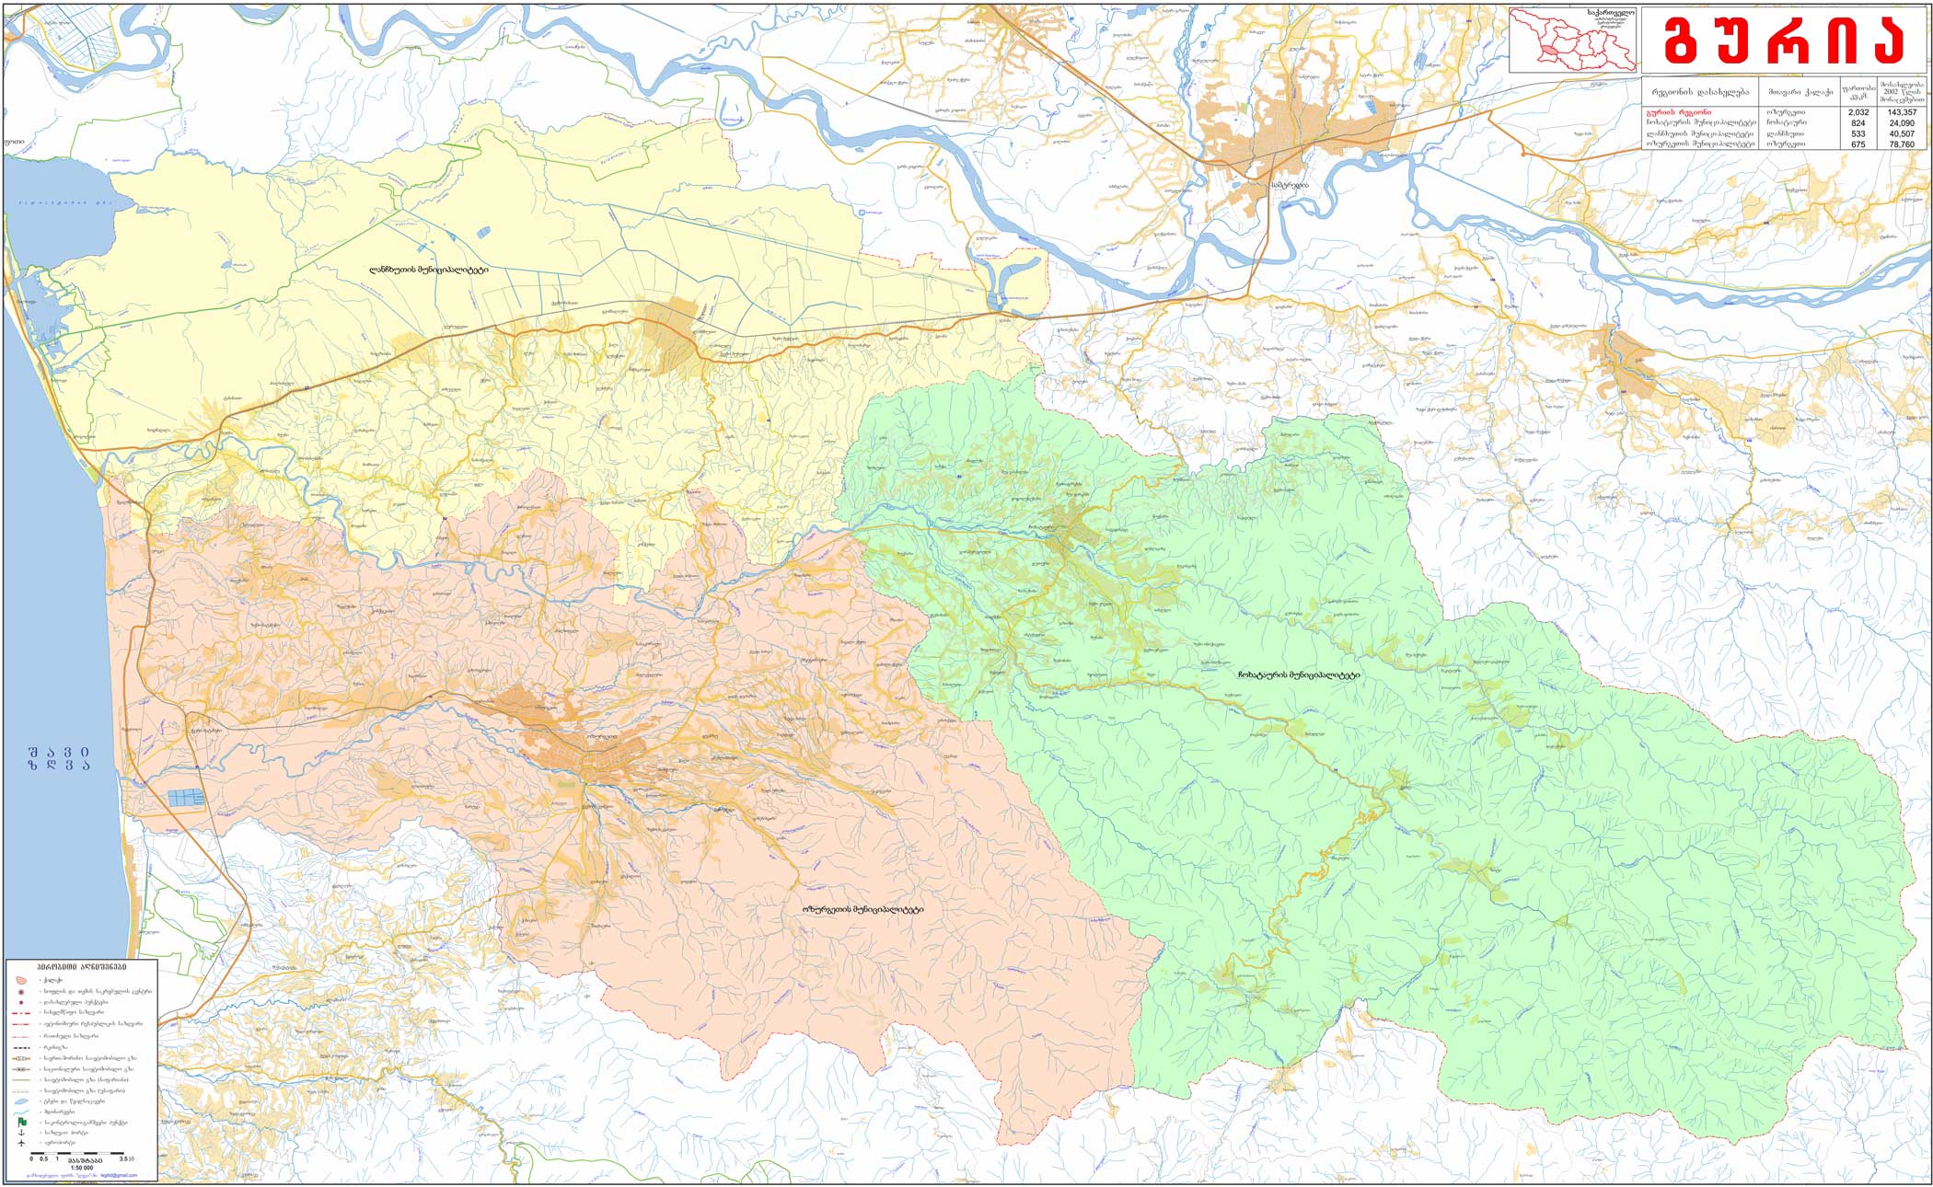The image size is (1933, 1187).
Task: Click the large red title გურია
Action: point(1784,40)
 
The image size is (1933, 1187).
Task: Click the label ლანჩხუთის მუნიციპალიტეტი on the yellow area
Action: point(428,271)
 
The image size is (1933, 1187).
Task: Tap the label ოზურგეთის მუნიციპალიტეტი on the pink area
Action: point(862,910)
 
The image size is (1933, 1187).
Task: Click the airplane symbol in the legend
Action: point(21,1144)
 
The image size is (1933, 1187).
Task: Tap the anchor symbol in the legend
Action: point(21,1133)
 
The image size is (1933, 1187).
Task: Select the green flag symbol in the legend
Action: point(22,1122)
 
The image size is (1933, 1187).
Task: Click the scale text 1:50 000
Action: point(82,1168)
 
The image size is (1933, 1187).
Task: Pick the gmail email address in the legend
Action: point(119,1175)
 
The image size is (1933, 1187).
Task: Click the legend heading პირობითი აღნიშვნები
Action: point(82,967)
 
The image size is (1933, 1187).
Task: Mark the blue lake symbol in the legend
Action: point(21,1101)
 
